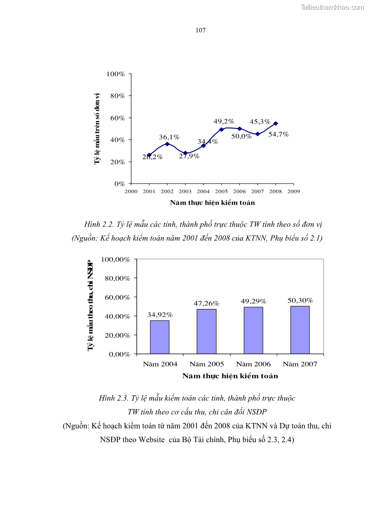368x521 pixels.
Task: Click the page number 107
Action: tap(201, 30)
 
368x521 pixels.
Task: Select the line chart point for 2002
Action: tap(167, 144)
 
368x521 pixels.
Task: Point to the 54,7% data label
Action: tap(279, 134)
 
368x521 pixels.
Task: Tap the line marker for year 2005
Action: tap(221, 129)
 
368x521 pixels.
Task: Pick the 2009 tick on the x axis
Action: tap(293, 191)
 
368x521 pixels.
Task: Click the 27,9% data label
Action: tap(189, 156)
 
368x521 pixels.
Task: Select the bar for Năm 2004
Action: tap(160, 337)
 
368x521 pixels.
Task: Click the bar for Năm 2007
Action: tap(300, 330)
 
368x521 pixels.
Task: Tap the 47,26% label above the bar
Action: tap(206, 303)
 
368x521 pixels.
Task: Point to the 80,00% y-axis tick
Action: tap(118, 278)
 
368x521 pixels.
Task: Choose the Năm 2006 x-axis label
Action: tap(253, 364)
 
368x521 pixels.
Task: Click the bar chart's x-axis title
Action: tap(230, 376)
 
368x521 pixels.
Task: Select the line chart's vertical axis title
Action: tap(97, 128)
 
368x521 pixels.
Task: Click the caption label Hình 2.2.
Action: tap(99, 225)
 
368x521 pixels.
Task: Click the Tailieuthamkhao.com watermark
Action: tap(332, 7)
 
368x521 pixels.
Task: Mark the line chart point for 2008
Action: tap(275, 123)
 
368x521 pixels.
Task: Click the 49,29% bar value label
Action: tap(253, 301)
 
